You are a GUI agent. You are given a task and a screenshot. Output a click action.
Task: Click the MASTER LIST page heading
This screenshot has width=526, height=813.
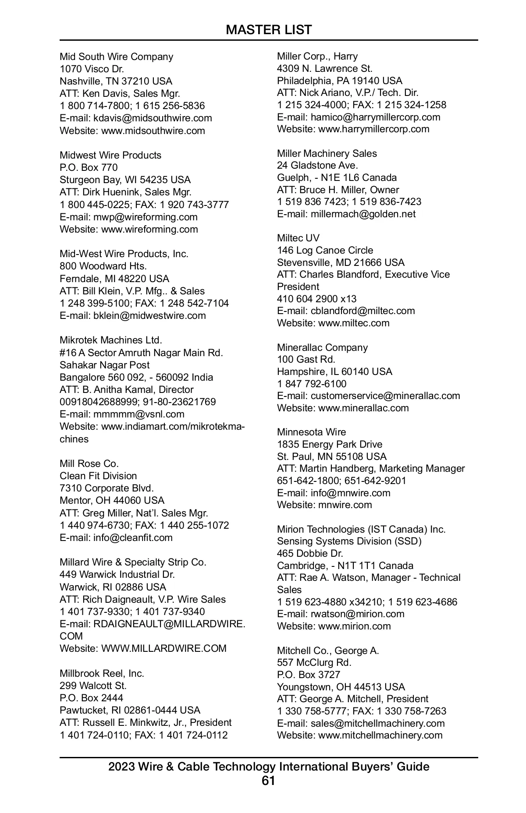(x=269, y=30)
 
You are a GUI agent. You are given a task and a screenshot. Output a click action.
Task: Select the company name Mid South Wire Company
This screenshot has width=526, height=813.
(x=116, y=57)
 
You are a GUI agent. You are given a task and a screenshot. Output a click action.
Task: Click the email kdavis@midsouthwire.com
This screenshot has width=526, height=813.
(x=153, y=118)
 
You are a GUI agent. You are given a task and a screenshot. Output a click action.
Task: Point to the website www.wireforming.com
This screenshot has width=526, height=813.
(x=149, y=229)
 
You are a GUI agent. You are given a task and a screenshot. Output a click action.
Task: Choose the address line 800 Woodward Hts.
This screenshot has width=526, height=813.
(x=103, y=266)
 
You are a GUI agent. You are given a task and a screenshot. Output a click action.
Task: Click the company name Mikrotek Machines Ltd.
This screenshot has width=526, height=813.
(x=111, y=340)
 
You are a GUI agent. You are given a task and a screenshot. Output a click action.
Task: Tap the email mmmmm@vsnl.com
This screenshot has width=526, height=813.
(x=139, y=414)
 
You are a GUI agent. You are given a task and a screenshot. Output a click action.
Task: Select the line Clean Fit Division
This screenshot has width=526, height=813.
(x=98, y=476)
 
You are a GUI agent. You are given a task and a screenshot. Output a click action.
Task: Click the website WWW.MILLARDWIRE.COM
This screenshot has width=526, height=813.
(x=163, y=648)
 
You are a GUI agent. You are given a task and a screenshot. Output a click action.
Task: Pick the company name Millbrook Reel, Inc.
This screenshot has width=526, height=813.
(x=102, y=673)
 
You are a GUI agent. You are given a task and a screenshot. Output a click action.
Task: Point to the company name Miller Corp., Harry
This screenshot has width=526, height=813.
(x=317, y=56)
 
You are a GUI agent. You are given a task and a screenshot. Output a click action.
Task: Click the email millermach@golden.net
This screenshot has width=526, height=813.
(x=363, y=214)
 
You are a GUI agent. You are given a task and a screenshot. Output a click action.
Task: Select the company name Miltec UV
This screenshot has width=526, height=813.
(x=298, y=238)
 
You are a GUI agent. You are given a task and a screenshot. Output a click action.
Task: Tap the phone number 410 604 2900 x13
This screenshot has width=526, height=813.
(x=316, y=299)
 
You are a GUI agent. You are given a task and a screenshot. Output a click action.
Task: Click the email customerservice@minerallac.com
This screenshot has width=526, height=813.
(x=385, y=396)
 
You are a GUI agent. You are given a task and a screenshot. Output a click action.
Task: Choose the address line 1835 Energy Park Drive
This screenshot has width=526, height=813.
(x=329, y=444)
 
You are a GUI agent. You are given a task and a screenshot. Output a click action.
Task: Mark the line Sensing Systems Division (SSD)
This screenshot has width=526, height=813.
(x=349, y=541)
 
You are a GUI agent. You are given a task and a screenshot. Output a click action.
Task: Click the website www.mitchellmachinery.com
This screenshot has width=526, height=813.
(x=380, y=735)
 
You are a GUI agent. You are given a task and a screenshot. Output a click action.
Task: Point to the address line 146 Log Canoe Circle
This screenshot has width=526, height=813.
(x=325, y=250)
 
